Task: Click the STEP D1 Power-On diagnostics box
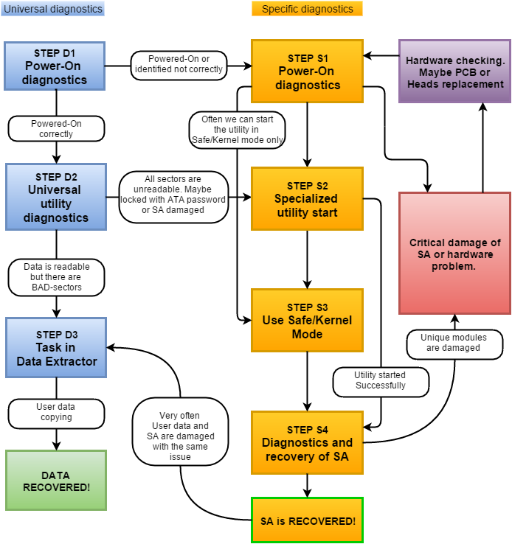click(x=55, y=66)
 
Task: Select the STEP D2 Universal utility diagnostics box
click(x=55, y=197)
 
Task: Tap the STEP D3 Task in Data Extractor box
click(x=55, y=348)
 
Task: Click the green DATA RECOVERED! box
click(x=55, y=480)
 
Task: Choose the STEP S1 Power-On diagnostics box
click(x=308, y=72)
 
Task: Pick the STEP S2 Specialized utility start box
click(x=308, y=199)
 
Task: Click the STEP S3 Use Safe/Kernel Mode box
click(x=308, y=321)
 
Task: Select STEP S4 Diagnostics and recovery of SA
click(x=308, y=442)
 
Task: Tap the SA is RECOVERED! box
click(x=308, y=520)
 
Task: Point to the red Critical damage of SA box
click(x=455, y=254)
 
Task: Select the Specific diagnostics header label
click(x=307, y=9)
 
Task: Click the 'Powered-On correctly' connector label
click(x=56, y=129)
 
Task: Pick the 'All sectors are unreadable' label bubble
click(x=173, y=195)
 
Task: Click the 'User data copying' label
click(x=56, y=411)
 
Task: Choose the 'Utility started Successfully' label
click(x=380, y=380)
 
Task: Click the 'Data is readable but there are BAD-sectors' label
click(x=56, y=276)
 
